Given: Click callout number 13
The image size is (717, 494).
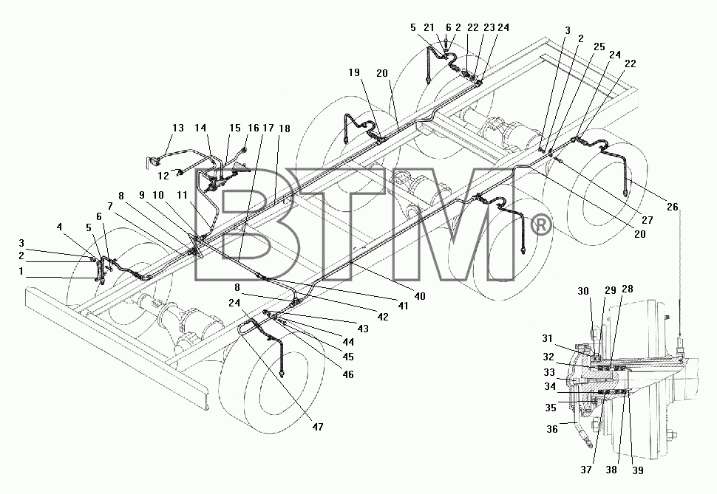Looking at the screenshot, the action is pos(178,128).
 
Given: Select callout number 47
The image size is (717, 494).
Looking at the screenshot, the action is pos(318,427).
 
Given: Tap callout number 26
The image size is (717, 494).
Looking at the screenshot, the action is pos(672,207).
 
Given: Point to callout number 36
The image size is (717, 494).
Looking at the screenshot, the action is pos(552,429).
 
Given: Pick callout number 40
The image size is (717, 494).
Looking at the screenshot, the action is pos(419,296).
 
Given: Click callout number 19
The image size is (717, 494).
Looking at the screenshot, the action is pos(353,72).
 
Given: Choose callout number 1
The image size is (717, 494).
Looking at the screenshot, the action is pos(21,272).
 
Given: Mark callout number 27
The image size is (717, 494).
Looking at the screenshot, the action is pos(647,220).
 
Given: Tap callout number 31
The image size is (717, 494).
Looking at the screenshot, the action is pos(547,339).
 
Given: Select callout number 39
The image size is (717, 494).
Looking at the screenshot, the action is pos(637,470).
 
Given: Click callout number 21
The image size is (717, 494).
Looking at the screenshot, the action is pos(429,28).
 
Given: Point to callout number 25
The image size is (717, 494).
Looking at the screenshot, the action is pos(599,47).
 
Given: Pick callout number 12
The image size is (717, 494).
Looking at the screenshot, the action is pos(163,176).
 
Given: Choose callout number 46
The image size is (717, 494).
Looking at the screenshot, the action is pos(348,374).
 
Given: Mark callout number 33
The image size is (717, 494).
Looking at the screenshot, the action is pos(549,372).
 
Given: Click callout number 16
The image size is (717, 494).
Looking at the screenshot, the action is pos(254,128).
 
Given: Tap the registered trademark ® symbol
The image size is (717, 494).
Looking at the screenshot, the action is pos(541,225).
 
